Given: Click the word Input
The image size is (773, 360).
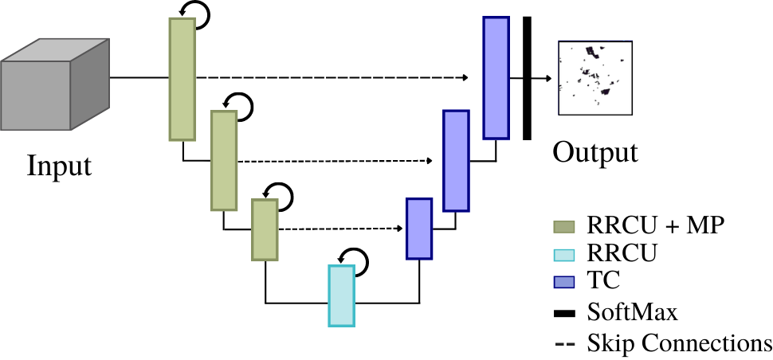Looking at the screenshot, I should (x=59, y=166).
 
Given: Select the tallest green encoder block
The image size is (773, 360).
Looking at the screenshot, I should (x=182, y=79).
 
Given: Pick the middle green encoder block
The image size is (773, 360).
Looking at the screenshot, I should (x=224, y=160).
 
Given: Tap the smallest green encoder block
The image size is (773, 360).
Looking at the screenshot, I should (x=265, y=229).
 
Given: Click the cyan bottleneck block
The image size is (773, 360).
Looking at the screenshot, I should (x=340, y=295).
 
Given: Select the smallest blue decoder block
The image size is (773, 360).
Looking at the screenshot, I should (x=419, y=229).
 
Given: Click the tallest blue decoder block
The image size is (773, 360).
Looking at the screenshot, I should (x=496, y=77).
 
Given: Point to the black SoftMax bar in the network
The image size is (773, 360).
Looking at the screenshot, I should (x=527, y=77).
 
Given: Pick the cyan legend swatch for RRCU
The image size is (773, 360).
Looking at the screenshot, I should (x=564, y=254).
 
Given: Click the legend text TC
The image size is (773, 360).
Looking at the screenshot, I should (x=603, y=280).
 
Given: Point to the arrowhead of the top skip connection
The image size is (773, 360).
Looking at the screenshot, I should (x=463, y=78).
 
